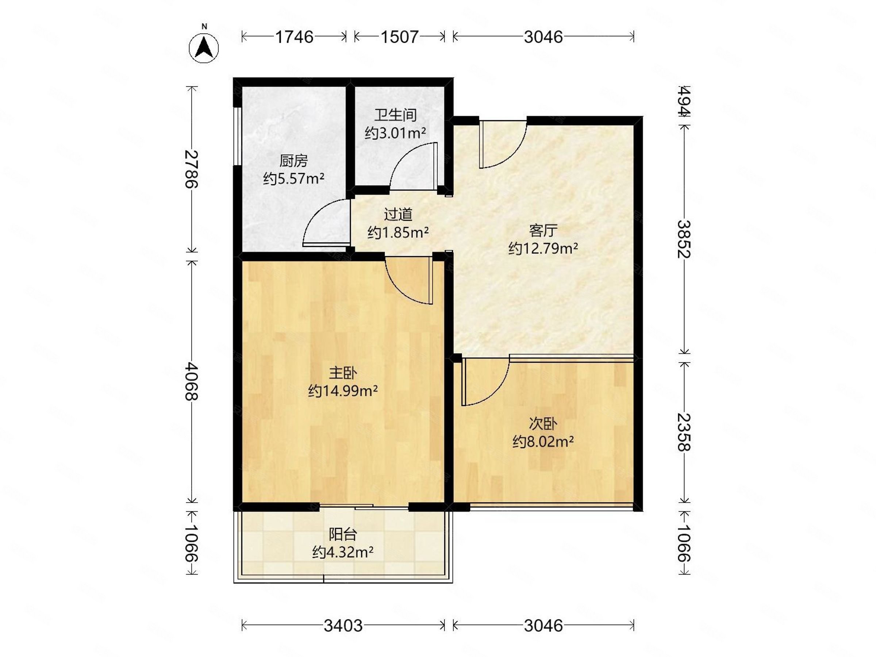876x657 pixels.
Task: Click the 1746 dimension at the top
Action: (x=294, y=37)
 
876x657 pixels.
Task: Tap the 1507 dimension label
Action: (x=399, y=37)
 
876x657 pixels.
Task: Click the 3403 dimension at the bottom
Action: (x=343, y=625)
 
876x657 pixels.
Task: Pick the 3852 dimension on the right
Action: (x=684, y=239)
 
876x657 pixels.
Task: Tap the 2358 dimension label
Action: (x=684, y=433)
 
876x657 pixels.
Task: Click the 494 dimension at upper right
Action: (x=684, y=101)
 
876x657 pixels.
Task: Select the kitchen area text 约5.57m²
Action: (x=294, y=178)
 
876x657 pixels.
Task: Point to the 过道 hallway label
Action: (x=398, y=214)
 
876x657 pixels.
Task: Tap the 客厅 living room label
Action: (x=543, y=230)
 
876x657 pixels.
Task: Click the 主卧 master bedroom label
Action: (x=343, y=373)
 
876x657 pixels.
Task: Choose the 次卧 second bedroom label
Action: (x=543, y=424)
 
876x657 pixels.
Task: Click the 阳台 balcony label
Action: (x=343, y=534)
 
